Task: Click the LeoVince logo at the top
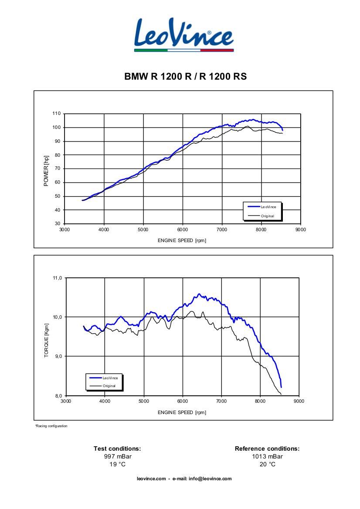coord(183,34)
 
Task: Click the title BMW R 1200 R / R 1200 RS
coord(186,77)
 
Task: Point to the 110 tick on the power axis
coord(56,114)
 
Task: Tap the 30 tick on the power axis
coord(58,224)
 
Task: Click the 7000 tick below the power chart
coord(222,229)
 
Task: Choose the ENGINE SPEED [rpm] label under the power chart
coord(182,240)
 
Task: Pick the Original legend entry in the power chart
coord(267,216)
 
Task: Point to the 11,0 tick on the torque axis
coord(58,277)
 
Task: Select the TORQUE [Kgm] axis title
coord(46,341)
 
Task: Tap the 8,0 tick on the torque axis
coord(58,396)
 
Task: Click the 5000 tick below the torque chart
coord(143,401)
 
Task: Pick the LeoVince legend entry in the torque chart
coord(110,378)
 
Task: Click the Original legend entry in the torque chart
coord(109,386)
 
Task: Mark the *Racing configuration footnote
coord(51,426)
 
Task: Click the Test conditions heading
coord(117,448)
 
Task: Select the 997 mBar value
coord(117,456)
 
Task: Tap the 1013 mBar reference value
coord(267,456)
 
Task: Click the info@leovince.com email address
coord(210,479)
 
